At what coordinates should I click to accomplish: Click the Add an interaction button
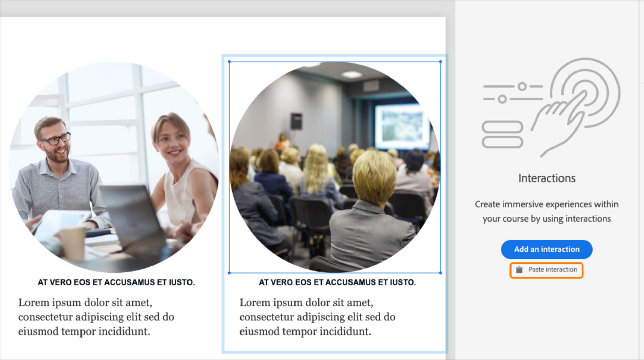(x=547, y=249)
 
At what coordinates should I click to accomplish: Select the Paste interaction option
(x=546, y=270)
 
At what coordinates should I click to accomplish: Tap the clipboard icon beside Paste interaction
(x=519, y=269)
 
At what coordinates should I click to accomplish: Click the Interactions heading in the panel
(x=547, y=178)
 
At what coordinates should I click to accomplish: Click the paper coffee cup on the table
(x=72, y=243)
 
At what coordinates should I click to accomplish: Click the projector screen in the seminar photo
(x=402, y=127)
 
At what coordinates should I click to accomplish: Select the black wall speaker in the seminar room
(x=296, y=121)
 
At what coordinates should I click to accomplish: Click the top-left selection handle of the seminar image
(x=229, y=62)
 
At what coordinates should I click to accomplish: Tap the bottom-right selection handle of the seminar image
(x=440, y=273)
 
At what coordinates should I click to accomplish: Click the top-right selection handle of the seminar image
(x=440, y=62)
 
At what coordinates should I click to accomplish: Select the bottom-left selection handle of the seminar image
(x=229, y=273)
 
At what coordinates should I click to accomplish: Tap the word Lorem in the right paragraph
(x=254, y=303)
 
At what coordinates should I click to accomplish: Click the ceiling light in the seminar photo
(x=352, y=74)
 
